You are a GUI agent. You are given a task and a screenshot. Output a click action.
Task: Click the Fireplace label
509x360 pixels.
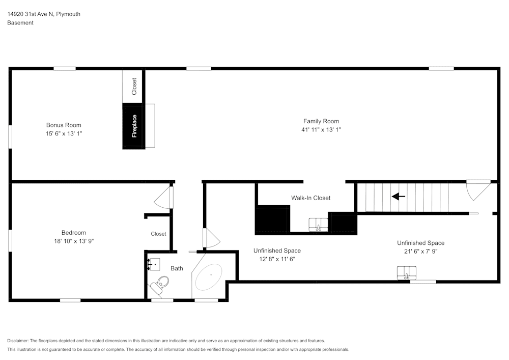coord(134,126)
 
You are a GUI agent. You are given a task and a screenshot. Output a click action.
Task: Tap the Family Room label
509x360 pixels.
coord(321,121)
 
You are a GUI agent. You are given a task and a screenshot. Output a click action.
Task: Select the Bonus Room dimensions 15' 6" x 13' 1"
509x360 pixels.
coord(64,133)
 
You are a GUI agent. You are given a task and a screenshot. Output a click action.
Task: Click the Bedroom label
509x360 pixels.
coord(74,232)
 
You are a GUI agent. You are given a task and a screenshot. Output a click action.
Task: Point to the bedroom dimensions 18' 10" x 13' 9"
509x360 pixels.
coord(74,241)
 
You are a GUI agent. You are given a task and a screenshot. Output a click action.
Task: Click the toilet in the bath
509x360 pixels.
coord(160,285)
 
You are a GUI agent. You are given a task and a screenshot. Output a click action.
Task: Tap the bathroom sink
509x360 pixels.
coord(154,264)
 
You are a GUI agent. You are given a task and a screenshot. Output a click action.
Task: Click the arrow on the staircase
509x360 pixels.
coord(399,197)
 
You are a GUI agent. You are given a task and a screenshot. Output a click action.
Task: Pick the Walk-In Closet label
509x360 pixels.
coord(310,198)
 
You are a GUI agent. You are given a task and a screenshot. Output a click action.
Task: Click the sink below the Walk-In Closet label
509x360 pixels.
coord(318,225)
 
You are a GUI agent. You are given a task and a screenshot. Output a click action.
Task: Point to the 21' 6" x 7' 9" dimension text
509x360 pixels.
coord(421,251)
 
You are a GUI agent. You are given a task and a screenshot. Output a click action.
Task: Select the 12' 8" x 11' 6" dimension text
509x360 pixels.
coord(277,259)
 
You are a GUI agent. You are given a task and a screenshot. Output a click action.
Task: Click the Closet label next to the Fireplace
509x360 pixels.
coord(134,87)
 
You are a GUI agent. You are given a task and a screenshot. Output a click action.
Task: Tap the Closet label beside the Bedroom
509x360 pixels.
coord(158,234)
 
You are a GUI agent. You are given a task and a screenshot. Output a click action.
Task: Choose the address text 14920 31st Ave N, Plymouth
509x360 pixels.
coord(44,14)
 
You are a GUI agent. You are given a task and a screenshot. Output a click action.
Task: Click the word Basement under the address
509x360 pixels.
coord(20,23)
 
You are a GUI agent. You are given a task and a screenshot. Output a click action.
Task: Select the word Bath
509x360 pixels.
coord(177,268)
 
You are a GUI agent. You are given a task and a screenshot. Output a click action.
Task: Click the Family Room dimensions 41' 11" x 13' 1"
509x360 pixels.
coord(321,129)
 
